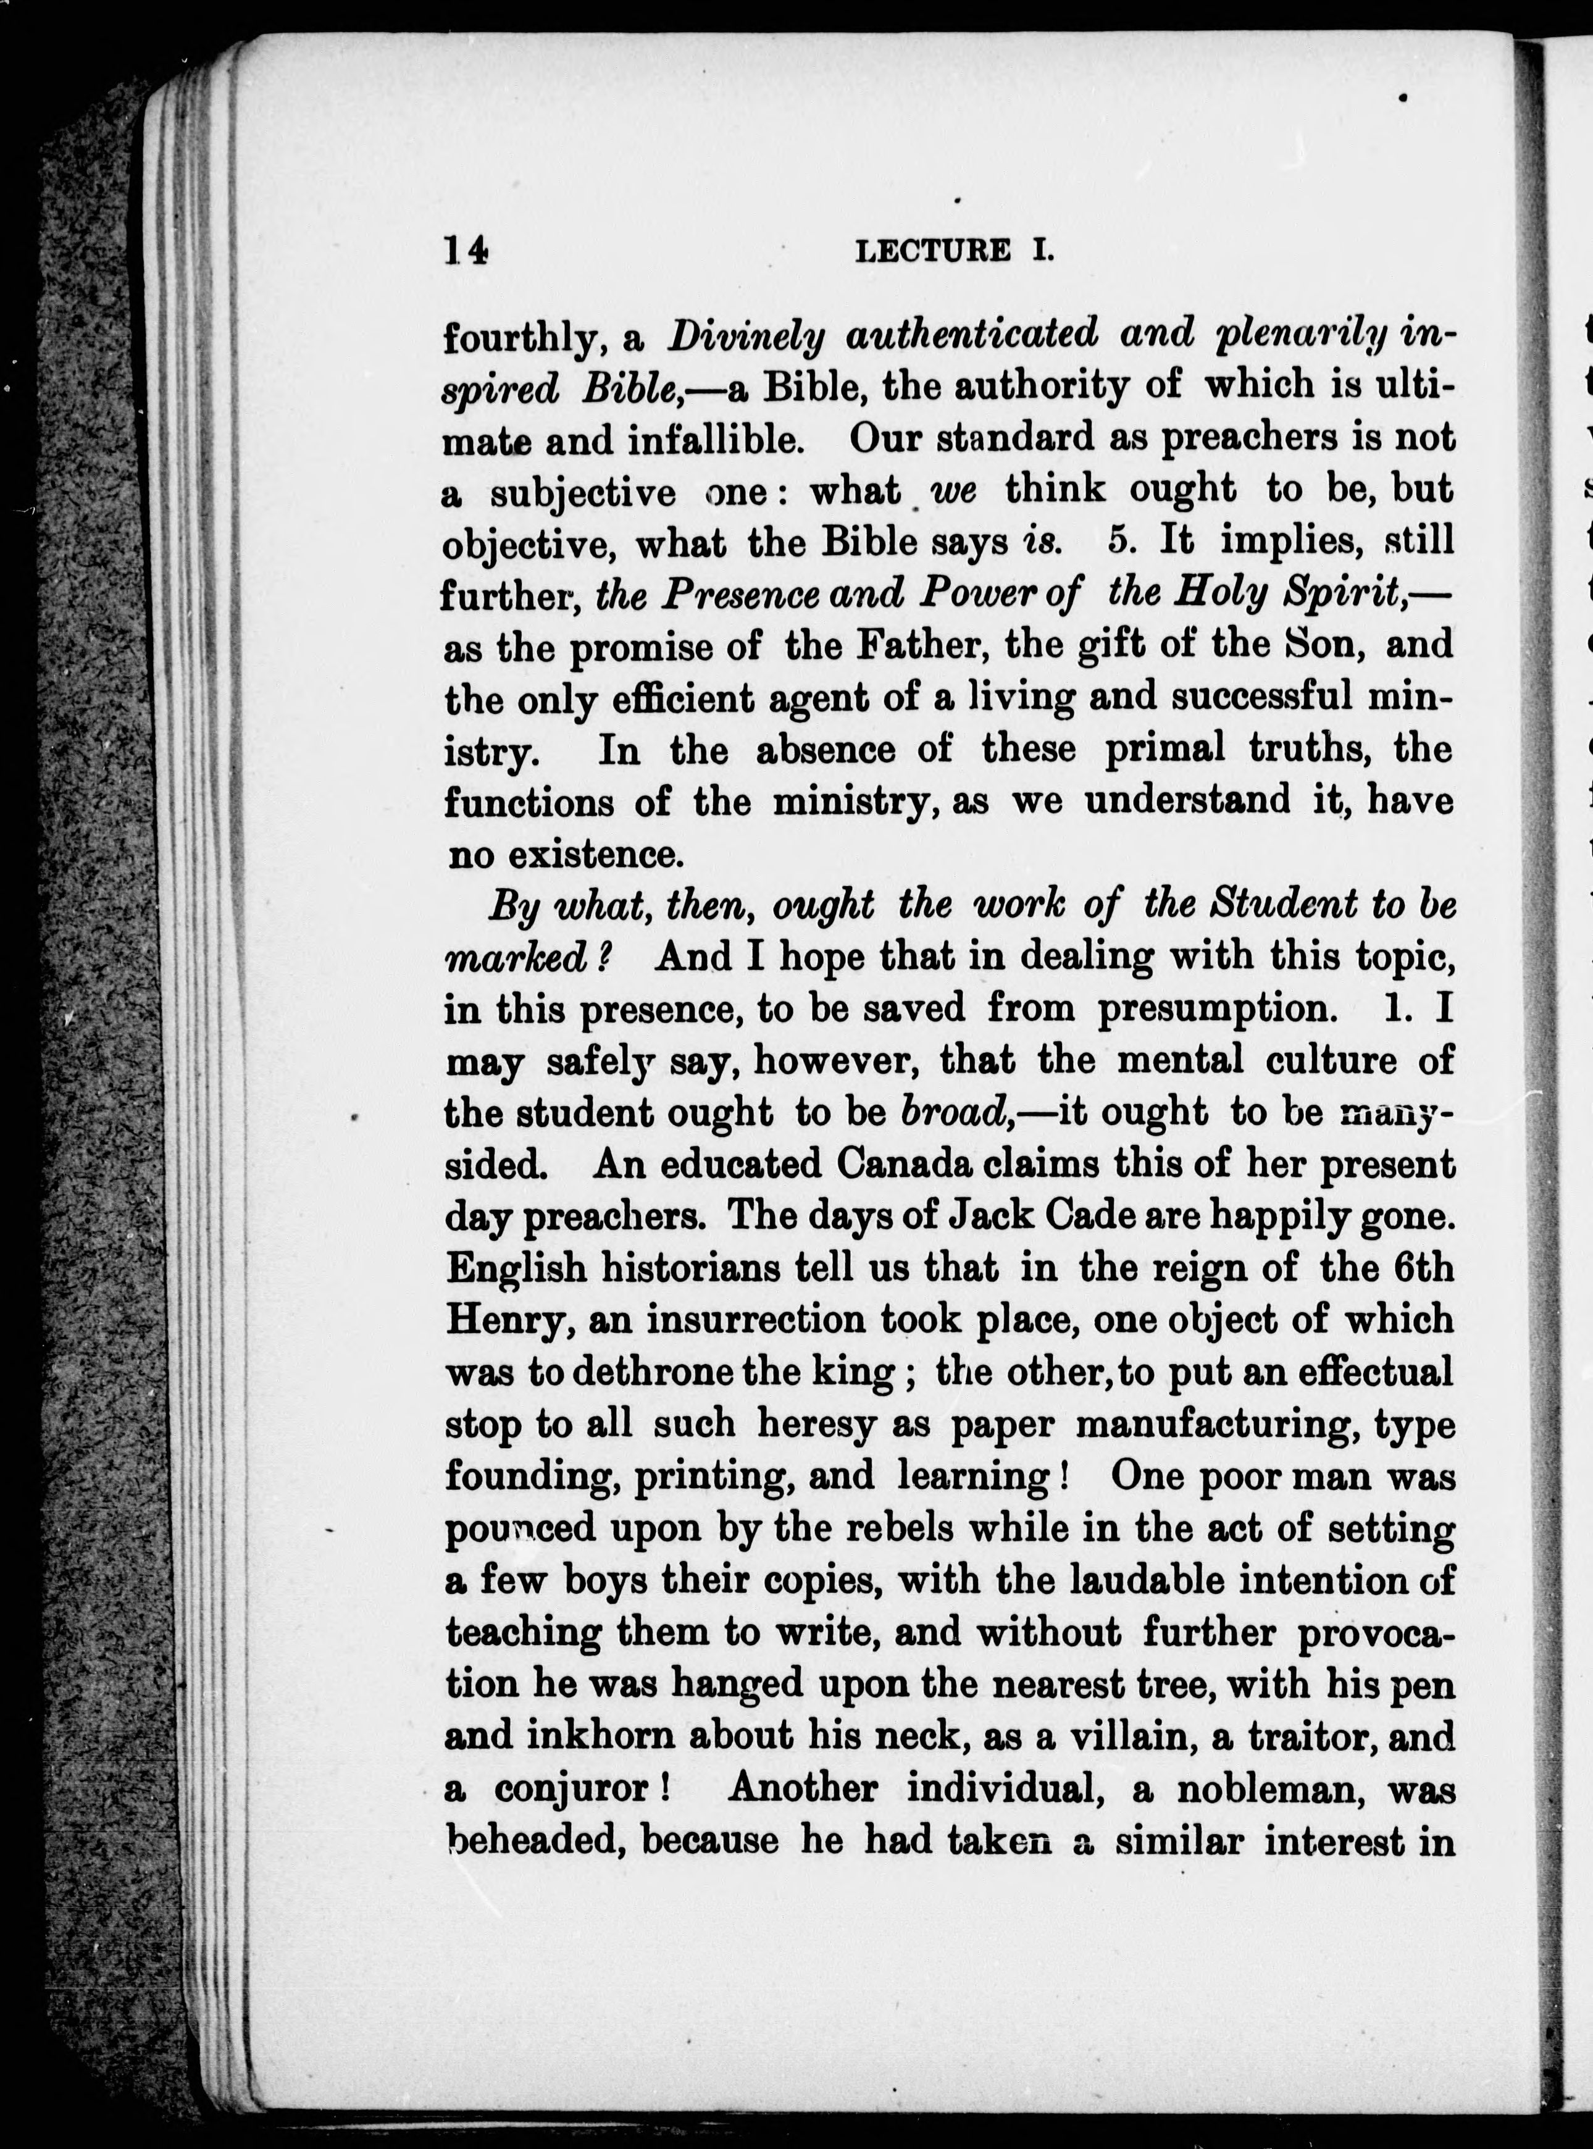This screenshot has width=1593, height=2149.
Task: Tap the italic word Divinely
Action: (x=747, y=335)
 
